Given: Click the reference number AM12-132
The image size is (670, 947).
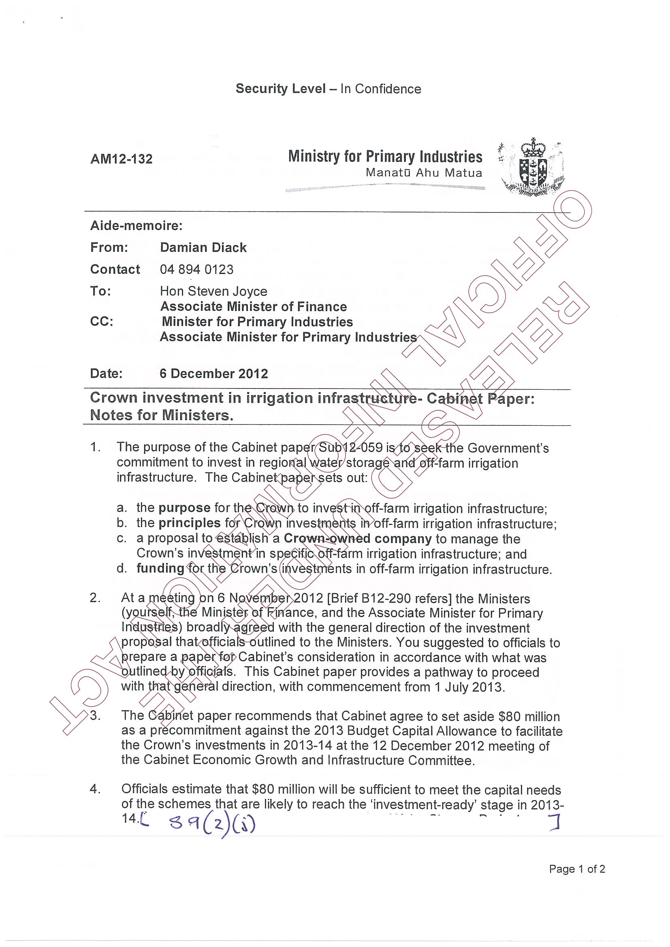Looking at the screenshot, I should (122, 159).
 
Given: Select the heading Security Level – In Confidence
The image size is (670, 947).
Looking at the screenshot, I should (328, 89).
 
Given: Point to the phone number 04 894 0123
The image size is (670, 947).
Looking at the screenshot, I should (196, 270).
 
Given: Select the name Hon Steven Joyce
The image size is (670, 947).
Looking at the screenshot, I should (213, 292).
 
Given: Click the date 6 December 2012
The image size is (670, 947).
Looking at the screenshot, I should (214, 374).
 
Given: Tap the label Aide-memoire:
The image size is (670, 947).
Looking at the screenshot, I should (136, 226).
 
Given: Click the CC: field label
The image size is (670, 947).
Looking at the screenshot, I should (102, 322).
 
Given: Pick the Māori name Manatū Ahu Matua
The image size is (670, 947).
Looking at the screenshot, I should (424, 173).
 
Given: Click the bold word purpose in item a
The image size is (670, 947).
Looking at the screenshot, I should (185, 508).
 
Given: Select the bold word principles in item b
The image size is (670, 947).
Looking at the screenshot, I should (190, 523).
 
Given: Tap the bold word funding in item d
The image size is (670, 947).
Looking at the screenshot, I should (160, 569).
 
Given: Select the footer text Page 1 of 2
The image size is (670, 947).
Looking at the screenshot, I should (577, 869).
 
